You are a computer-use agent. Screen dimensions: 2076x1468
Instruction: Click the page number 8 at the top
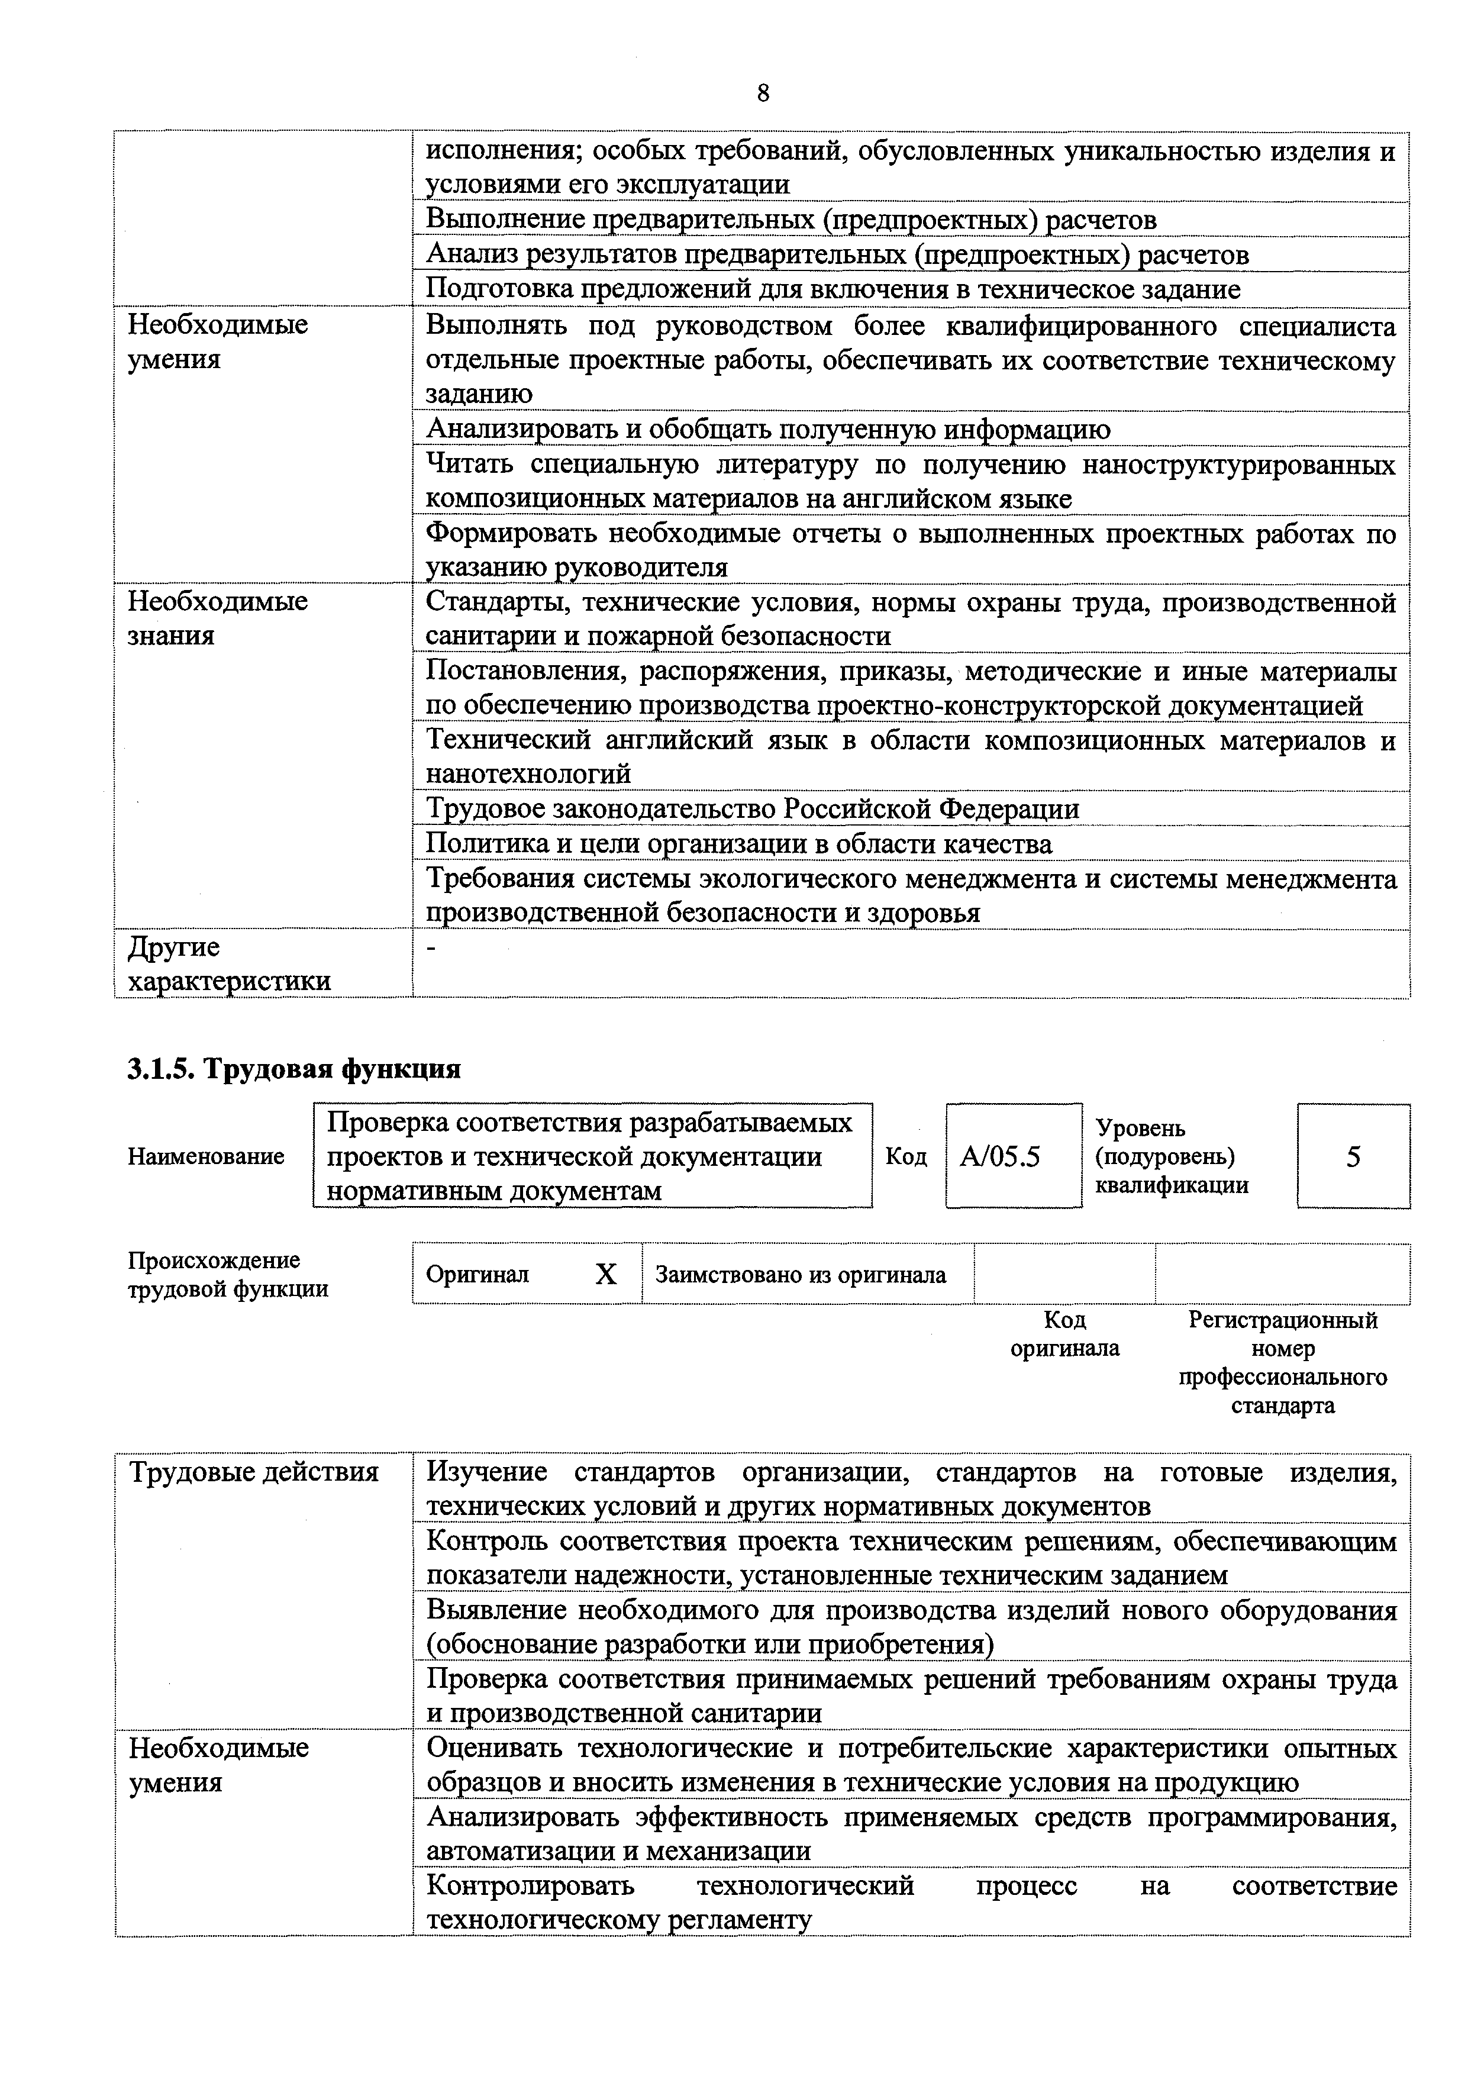point(763,93)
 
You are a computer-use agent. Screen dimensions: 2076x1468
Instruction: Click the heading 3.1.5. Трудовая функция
point(294,1069)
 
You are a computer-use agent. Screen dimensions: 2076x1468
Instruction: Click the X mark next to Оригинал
point(606,1274)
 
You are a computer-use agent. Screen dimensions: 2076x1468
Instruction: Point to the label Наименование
point(206,1156)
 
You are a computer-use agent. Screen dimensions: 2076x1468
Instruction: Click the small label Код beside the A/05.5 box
point(906,1156)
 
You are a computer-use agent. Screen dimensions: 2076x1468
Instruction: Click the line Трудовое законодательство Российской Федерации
point(752,808)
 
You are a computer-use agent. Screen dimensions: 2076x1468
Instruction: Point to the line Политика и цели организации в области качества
point(738,844)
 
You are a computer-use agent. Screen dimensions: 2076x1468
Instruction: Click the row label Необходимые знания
point(218,618)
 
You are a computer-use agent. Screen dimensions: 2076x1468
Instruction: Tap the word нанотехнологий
point(528,774)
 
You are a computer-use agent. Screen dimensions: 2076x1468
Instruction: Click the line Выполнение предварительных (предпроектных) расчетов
point(790,220)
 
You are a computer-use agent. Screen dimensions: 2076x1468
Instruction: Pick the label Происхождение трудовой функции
point(227,1274)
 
